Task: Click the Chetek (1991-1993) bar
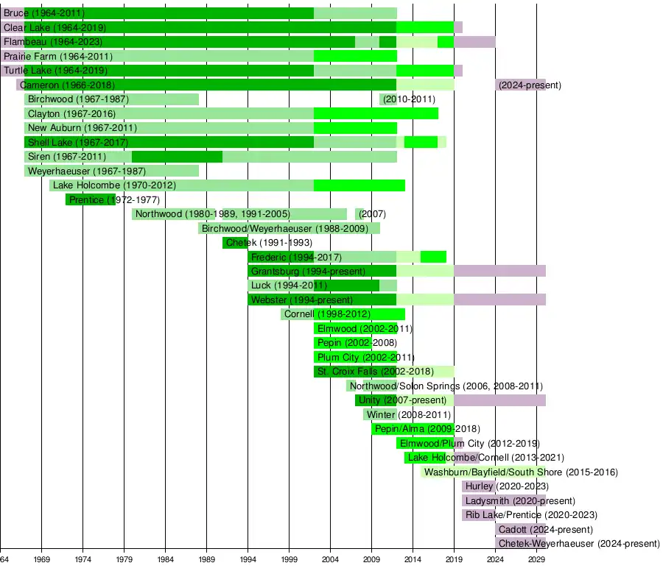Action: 235,243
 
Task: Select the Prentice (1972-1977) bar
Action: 91,199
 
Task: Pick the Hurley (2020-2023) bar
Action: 478,486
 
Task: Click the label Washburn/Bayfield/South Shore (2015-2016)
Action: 521,472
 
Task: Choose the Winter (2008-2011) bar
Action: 379,415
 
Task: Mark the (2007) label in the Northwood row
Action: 372,214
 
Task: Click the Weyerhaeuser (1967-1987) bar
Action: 111,171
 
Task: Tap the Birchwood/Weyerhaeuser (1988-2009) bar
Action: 289,228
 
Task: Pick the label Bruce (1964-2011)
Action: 44,13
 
